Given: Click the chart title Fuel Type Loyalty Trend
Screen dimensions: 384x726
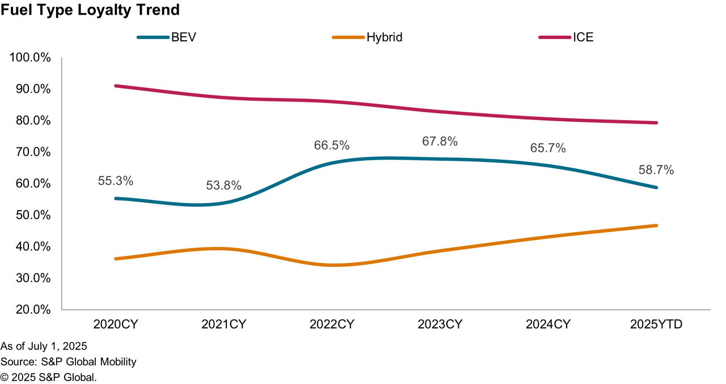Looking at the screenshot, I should point(90,10).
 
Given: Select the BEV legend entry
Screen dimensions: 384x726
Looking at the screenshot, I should point(167,38).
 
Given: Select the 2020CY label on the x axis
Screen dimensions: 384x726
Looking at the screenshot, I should point(116,325).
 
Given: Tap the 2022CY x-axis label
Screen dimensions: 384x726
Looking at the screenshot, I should point(332,325).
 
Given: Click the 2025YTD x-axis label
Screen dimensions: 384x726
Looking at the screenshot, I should point(656,325).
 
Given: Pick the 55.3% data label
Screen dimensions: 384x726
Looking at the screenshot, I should point(116,181).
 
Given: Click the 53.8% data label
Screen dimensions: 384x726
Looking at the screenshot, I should point(223,185).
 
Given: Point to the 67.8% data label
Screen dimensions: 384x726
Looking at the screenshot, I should point(440,142).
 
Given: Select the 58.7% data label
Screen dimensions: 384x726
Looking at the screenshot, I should point(656,170).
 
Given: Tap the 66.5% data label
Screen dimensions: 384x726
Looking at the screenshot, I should point(332,145).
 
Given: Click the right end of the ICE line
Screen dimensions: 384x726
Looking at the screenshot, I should point(656,123).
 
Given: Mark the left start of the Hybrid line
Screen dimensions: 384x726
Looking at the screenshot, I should point(116,259).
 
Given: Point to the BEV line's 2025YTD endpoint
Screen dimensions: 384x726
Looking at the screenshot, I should point(656,187).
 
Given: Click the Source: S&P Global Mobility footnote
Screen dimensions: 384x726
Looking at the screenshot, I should point(69,361).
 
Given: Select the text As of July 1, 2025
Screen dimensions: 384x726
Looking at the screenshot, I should point(44,346).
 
